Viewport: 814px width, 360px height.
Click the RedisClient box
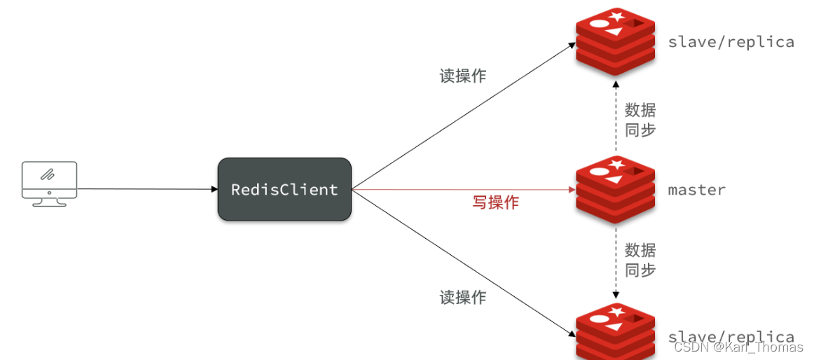click(x=284, y=189)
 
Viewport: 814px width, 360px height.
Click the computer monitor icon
click(x=49, y=183)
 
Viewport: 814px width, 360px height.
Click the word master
click(x=696, y=190)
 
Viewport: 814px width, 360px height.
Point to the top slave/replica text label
click(x=731, y=42)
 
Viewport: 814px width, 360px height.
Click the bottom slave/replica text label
click(x=731, y=337)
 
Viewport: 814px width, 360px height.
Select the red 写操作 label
click(x=495, y=202)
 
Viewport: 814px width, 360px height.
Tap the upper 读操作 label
click(x=463, y=76)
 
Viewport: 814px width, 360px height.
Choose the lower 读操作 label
click(x=463, y=297)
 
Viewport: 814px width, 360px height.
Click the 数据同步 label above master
click(x=640, y=120)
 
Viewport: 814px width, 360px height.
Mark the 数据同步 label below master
click(x=640, y=260)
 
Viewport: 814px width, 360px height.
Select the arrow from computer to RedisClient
click(x=147, y=189)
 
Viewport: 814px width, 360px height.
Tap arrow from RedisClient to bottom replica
click(x=462, y=261)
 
